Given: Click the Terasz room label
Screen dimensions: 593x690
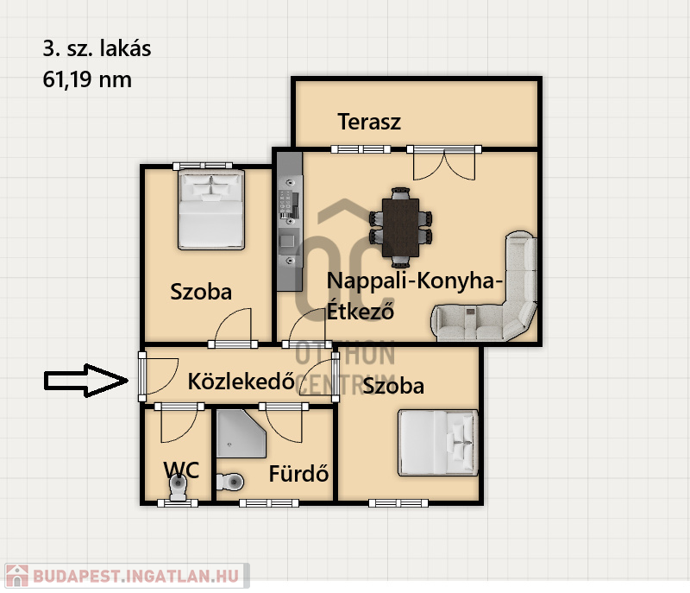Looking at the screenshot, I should tap(369, 122).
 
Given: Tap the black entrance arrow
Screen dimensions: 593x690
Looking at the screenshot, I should tap(85, 380).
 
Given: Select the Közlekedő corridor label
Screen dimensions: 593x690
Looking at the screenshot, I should tap(241, 381).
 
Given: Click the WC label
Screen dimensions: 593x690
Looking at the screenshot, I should tap(182, 470).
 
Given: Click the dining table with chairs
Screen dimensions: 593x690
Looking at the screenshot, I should tap(401, 227).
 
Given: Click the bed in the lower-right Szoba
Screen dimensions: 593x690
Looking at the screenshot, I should tap(437, 442).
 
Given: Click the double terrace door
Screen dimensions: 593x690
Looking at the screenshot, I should tap(444, 161).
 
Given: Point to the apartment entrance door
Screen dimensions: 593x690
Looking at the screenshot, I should tap(141, 376).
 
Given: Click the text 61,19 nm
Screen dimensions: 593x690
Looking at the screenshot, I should tap(86, 80).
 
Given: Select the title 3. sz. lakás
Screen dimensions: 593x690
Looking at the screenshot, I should tap(97, 49).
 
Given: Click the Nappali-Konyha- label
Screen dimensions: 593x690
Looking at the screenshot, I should tap(414, 281).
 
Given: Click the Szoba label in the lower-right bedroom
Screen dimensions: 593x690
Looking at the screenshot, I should tap(393, 386).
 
